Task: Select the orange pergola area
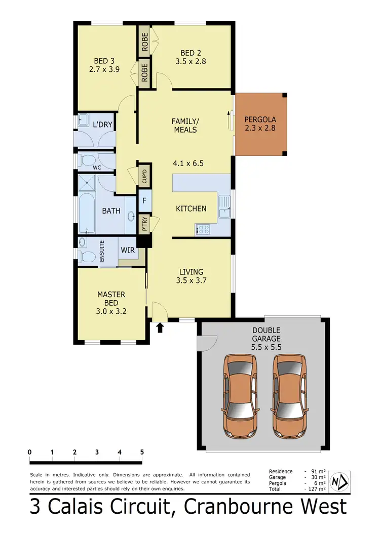tap(260, 124)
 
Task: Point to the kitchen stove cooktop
tap(203, 230)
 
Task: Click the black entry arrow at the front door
tap(160, 327)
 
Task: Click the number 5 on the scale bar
tap(142, 452)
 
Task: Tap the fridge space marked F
tap(144, 200)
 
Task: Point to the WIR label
tap(127, 250)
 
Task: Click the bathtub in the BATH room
tap(87, 211)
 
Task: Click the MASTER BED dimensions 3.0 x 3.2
tap(111, 311)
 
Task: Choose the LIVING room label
tap(191, 272)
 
